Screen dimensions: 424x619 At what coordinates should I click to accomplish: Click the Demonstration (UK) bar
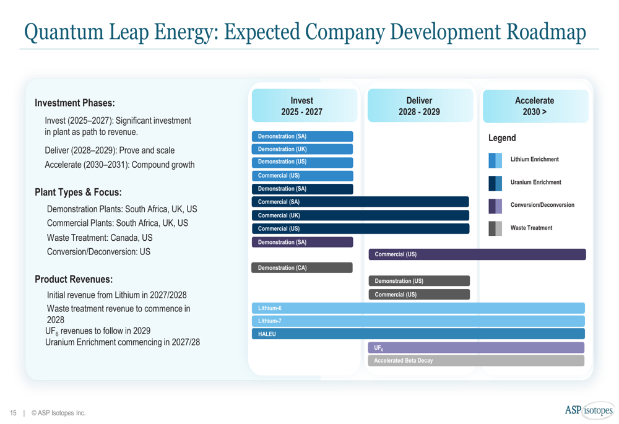(303, 149)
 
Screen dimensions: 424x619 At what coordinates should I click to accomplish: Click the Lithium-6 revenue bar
(418, 308)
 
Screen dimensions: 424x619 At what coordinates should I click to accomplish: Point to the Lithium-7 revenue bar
(418, 321)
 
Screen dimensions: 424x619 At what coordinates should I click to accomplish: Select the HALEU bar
(418, 334)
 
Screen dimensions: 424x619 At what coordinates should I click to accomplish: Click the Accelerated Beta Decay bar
(476, 361)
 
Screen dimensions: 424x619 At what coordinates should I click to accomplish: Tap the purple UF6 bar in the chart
(476, 348)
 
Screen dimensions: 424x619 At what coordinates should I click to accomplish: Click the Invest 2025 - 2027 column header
(302, 106)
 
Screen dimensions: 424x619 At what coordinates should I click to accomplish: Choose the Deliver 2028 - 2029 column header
(419, 106)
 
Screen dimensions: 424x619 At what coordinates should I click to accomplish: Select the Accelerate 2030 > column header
(535, 106)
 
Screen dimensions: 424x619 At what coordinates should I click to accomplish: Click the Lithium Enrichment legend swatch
(496, 160)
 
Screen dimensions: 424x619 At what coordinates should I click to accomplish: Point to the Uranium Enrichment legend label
(535, 183)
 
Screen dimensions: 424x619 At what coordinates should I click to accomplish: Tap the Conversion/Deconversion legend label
(542, 205)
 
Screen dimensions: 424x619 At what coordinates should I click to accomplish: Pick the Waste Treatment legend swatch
(496, 228)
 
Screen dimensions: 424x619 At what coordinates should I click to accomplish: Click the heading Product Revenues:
(74, 279)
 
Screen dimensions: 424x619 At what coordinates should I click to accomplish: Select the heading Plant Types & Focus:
(78, 192)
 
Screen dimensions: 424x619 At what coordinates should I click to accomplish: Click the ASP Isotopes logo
(589, 410)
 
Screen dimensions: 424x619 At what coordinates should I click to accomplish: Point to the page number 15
(12, 413)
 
